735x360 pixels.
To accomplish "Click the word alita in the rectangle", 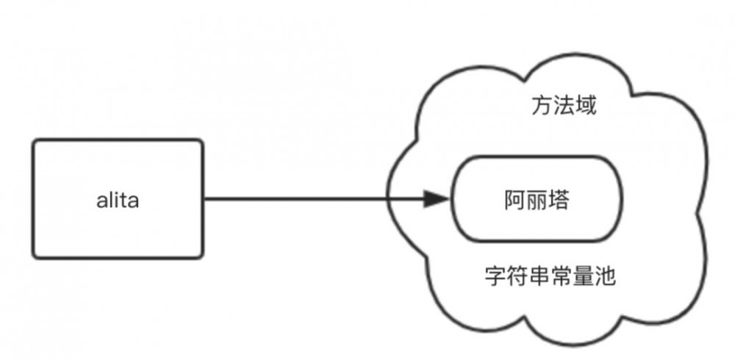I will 117,200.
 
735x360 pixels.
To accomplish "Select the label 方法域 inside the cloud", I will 564,107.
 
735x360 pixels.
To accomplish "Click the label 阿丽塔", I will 536,199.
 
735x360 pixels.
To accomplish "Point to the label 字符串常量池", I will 551,278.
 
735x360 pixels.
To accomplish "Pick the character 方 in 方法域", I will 542,107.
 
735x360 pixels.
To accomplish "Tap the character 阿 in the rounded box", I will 514,199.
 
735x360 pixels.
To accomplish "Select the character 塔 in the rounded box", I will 557,199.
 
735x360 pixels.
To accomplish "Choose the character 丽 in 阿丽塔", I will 536,199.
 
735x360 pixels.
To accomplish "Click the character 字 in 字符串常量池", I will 496,278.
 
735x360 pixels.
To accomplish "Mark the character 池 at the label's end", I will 605,278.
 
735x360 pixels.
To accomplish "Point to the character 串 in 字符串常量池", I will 539,278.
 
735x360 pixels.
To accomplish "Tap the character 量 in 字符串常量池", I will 583,278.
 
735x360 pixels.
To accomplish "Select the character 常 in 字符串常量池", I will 562,278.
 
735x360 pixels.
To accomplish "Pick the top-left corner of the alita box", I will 35,141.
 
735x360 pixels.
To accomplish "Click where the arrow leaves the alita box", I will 202,198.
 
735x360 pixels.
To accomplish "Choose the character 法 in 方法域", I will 564,107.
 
